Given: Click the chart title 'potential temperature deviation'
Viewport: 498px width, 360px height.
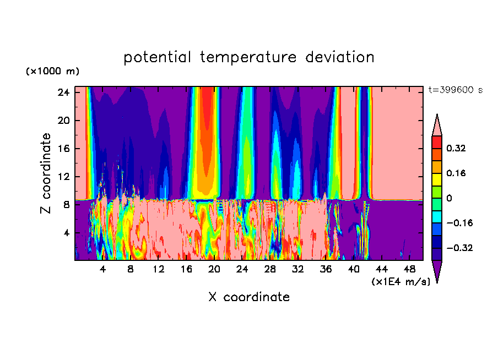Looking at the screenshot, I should click(248, 57).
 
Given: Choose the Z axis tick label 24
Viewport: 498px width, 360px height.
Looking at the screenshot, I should click(63, 92).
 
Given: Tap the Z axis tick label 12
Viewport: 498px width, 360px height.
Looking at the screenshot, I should click(63, 177).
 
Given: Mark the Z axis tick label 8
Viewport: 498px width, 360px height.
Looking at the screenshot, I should click(66, 205).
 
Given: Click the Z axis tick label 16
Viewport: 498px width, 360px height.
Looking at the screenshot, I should click(63, 149).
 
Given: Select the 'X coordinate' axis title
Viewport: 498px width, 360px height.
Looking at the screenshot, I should click(248, 297).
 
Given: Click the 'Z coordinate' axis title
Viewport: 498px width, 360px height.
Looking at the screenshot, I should click(46, 173).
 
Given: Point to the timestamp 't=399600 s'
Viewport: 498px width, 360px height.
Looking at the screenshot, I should click(455, 90).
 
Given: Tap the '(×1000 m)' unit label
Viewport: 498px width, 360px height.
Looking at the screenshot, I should click(52, 72).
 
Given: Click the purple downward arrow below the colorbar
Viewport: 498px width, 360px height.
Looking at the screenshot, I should click(437, 271).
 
